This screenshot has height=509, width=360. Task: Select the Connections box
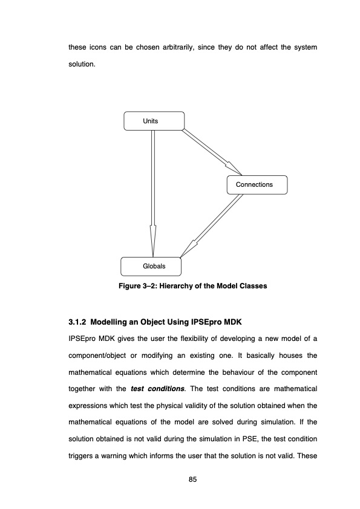point(257,184)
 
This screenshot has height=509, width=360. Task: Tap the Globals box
point(151,266)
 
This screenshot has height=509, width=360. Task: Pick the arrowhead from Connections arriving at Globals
point(188,248)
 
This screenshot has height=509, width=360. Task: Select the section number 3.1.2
point(77,319)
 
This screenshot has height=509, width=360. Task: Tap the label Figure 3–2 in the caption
point(139,285)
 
